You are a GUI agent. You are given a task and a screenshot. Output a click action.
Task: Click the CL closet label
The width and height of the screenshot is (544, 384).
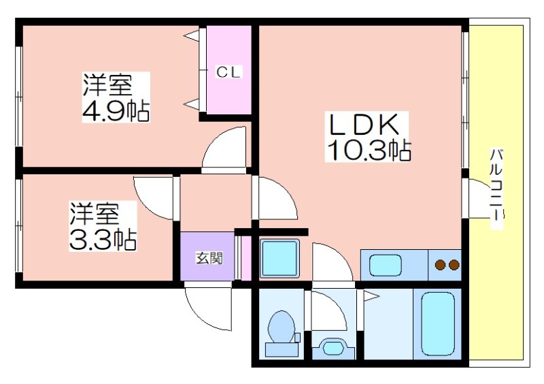pyautogui.click(x=228, y=72)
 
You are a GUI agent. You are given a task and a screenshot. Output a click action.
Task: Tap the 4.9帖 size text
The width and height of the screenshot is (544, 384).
pyautogui.click(x=116, y=110)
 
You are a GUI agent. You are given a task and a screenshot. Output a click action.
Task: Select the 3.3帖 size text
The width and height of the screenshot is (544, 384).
pyautogui.click(x=103, y=240)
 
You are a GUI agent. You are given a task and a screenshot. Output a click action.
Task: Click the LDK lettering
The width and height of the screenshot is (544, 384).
pyautogui.click(x=364, y=125)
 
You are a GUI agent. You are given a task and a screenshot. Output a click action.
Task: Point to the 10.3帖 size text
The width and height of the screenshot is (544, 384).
pyautogui.click(x=369, y=150)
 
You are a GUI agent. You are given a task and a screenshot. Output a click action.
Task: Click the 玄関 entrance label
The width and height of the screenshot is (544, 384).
pyautogui.click(x=209, y=258)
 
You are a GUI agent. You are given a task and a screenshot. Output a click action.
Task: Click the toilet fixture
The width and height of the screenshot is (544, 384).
pyautogui.click(x=282, y=334)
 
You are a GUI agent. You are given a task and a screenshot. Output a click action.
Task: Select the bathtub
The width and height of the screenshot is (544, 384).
pyautogui.click(x=438, y=324)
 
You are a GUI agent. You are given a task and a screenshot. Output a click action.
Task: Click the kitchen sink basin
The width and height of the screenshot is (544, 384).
pyautogui.click(x=386, y=265)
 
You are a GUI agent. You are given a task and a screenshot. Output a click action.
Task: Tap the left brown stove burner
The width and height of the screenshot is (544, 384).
pyautogui.click(x=441, y=265)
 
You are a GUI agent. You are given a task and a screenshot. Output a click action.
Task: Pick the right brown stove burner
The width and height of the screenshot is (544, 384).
pyautogui.click(x=454, y=265)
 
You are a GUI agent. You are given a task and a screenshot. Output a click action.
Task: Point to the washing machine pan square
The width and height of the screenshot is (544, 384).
pyautogui.click(x=279, y=258)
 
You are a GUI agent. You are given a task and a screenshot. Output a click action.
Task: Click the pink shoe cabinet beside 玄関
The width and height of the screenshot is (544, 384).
pyautogui.click(x=246, y=257)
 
